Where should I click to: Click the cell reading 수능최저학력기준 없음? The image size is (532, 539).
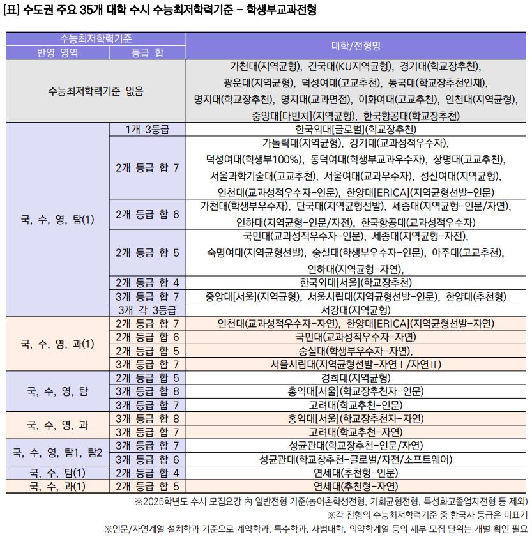96,91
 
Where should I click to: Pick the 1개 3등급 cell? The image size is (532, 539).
148,130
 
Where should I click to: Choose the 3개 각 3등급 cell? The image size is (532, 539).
148,310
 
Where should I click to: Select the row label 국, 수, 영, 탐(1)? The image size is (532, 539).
57,220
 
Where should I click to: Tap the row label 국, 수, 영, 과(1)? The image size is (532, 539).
57,344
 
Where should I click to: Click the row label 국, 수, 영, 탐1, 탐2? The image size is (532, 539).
57,452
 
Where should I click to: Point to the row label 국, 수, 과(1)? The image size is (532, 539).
57,486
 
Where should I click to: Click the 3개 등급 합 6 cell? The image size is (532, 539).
148,459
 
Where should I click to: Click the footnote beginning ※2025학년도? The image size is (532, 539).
331,501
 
